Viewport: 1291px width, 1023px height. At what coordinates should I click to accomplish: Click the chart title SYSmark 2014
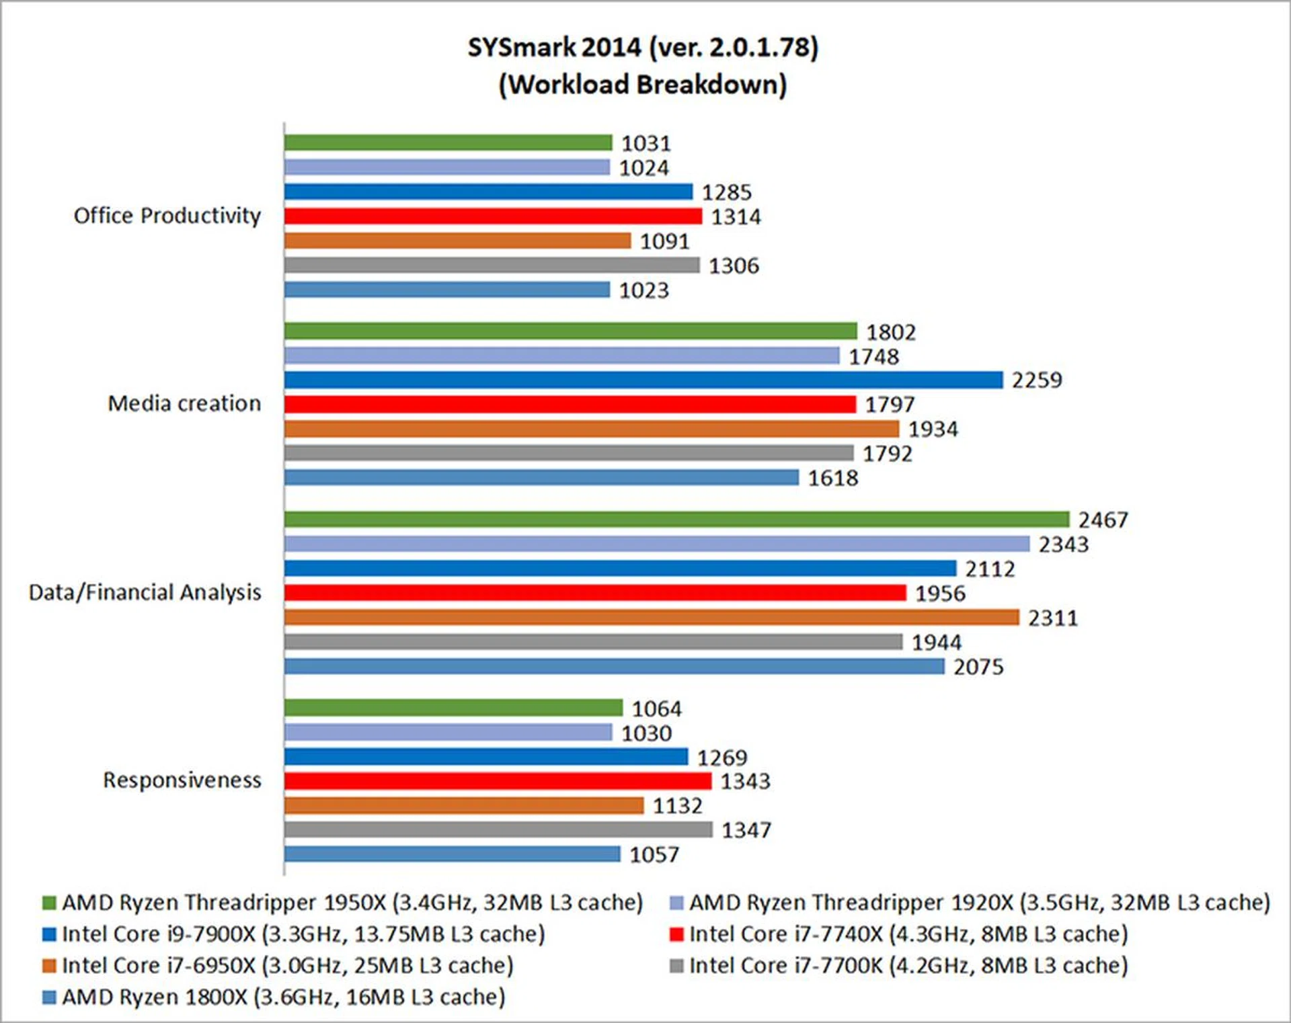pos(642,48)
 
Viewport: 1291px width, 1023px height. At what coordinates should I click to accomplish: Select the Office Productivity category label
pos(167,216)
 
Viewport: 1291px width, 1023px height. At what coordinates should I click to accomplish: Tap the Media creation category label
pos(184,403)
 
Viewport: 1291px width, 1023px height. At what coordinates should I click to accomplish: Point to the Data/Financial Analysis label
pos(145,592)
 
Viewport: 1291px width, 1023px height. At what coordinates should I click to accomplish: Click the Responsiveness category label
pos(182,780)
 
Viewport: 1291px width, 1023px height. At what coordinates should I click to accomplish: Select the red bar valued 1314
pos(492,216)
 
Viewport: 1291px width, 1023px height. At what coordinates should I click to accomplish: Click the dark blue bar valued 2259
pos(643,380)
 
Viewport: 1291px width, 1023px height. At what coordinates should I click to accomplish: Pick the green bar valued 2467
pos(676,520)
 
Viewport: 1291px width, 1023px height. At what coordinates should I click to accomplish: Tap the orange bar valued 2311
pos(651,618)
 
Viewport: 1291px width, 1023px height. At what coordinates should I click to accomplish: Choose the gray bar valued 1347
pos(498,830)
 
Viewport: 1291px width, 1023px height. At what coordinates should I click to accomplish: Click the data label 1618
pos(832,478)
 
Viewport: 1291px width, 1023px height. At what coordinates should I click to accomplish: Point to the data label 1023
pos(643,290)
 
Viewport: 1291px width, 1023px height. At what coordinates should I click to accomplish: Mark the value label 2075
pos(978,667)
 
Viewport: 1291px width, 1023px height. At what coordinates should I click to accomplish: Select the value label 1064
pos(656,708)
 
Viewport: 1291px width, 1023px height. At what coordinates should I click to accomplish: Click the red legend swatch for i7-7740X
pos(676,934)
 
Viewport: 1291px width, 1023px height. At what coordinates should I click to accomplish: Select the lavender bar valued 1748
pos(561,356)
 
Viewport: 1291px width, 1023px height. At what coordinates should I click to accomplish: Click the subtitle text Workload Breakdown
pos(642,85)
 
